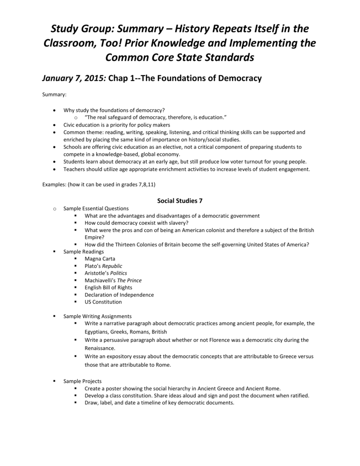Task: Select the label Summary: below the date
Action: (54, 95)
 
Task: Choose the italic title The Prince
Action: (129, 280)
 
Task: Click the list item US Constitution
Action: (103, 302)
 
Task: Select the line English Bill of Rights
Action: (108, 288)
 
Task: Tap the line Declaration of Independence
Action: (119, 295)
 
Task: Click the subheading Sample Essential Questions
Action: (96, 208)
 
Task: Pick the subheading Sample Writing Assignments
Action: (97, 316)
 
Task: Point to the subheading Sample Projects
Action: (82, 381)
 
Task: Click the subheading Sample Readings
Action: (84, 252)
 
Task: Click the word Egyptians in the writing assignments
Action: (97, 332)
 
